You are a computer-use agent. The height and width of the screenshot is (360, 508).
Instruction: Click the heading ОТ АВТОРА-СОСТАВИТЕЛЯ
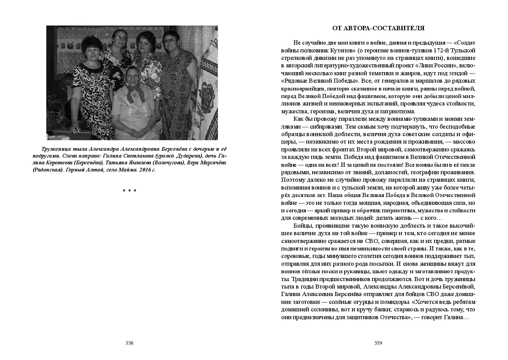coord(378,28)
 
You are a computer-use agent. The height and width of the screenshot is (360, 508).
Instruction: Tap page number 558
coord(129,343)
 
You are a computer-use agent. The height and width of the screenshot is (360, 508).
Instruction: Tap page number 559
coord(378,343)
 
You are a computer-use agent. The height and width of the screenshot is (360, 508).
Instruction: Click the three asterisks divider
coord(129,191)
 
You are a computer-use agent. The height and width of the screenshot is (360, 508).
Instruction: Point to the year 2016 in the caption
coord(144,169)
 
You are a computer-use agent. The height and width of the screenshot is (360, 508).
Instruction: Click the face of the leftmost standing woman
coord(91,48)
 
